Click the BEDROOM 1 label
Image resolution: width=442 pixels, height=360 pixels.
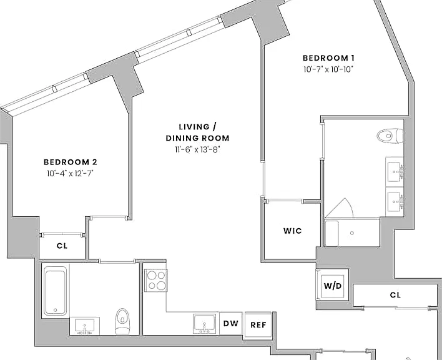(x=328, y=58)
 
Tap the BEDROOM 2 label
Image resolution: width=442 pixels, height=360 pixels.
(x=70, y=162)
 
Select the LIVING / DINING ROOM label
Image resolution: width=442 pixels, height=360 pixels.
(x=198, y=132)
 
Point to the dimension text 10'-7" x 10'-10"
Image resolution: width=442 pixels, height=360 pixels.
(x=328, y=69)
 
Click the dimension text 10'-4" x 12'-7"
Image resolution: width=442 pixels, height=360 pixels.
(x=70, y=174)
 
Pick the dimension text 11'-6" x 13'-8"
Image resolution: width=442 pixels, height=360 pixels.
(x=197, y=149)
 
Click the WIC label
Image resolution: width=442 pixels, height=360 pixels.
(x=293, y=231)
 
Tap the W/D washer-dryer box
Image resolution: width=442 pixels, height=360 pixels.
(x=333, y=286)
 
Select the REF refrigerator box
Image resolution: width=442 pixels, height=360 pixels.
(x=258, y=325)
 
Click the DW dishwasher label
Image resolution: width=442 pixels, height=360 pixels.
(x=231, y=324)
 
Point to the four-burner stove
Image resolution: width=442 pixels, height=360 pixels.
(x=156, y=280)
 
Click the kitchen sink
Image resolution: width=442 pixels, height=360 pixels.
(x=205, y=324)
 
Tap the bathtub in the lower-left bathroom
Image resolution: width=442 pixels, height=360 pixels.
(x=55, y=292)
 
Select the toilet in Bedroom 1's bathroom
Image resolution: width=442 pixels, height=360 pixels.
(x=390, y=136)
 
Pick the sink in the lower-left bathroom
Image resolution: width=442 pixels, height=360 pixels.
(x=84, y=326)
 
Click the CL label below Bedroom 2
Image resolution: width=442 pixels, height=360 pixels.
(x=62, y=246)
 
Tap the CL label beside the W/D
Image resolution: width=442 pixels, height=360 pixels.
(x=395, y=295)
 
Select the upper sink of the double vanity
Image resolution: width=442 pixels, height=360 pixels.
(x=395, y=171)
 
